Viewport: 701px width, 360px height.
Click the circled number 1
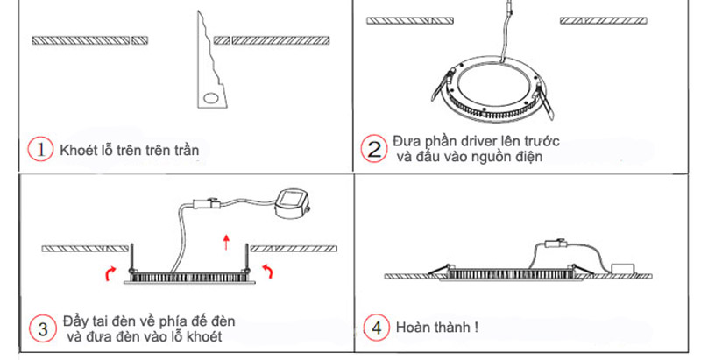[41, 150]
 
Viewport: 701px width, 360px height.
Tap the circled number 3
[41, 329]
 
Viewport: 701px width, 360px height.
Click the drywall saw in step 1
[207, 70]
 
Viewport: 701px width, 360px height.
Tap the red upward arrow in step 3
[227, 243]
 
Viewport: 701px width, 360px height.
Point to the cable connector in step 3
[209, 209]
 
